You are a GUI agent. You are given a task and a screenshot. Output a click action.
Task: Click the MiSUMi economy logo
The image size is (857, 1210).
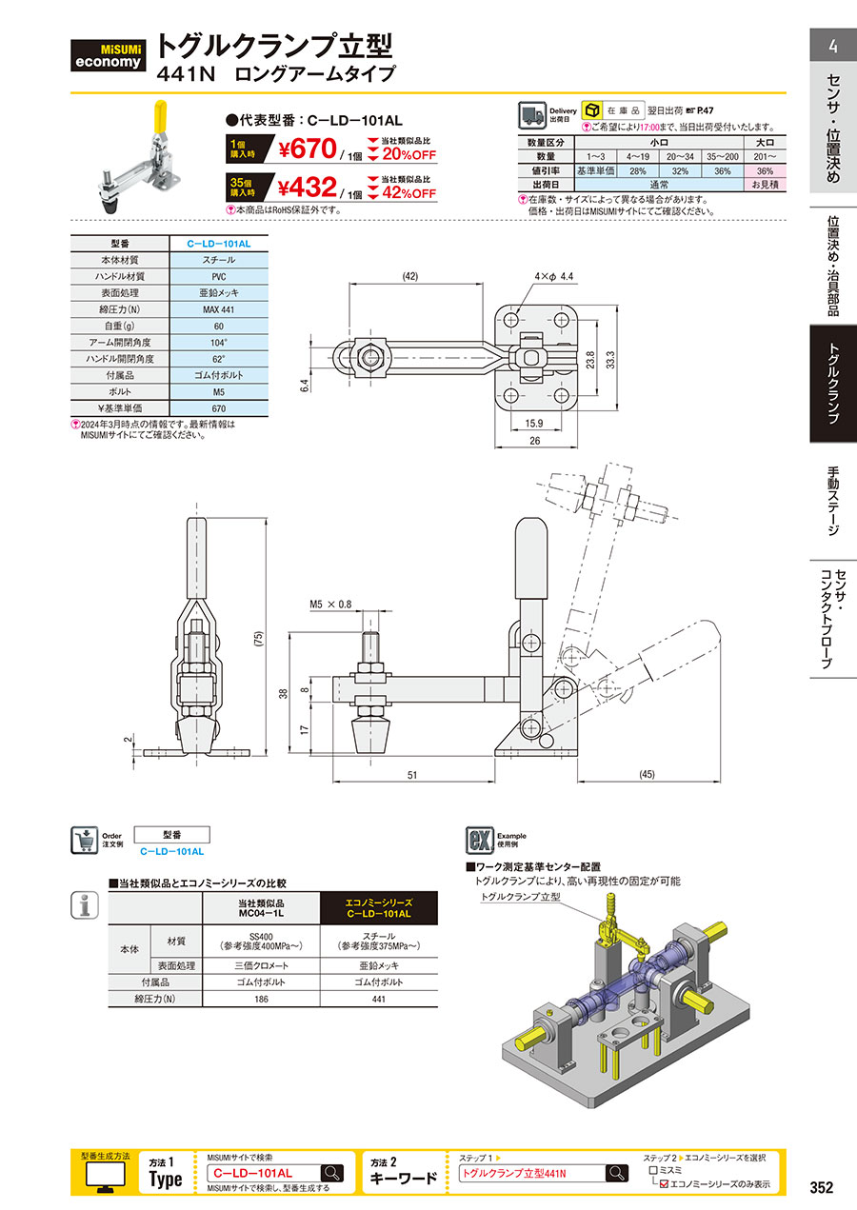coord(108,55)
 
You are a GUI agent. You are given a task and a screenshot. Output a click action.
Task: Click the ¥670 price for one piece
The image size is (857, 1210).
coord(308,149)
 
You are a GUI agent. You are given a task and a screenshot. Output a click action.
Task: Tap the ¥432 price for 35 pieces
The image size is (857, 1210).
coord(307,188)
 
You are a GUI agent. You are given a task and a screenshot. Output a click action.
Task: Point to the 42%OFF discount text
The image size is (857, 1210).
coord(409,193)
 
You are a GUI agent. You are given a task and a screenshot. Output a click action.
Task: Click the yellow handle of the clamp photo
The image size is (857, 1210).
coord(161,117)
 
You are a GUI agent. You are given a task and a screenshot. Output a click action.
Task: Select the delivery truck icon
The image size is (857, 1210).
coord(532,115)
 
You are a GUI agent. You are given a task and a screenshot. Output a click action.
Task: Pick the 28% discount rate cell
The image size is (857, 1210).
coord(638,171)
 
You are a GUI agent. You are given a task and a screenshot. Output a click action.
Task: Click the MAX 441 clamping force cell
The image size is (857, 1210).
coord(219,309)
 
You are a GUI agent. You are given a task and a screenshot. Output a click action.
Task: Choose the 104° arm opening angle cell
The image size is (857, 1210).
coord(219,343)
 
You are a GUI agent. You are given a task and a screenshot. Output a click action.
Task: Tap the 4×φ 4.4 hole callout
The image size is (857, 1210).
coord(554,277)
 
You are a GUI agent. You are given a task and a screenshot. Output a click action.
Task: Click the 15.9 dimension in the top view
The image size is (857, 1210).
coord(534,423)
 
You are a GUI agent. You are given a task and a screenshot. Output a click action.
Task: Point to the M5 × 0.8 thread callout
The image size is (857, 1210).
coord(330,604)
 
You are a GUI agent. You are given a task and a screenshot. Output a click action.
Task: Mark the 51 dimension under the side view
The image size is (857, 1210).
coord(412,775)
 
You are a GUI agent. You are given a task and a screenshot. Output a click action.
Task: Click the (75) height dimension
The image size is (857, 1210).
coord(259,639)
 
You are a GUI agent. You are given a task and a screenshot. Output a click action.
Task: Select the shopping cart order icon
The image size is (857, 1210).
coord(85,840)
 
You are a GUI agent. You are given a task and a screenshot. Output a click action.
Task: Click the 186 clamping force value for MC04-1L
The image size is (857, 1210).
coord(261,999)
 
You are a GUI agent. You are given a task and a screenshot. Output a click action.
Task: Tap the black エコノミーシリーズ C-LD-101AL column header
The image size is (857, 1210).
coord(379,908)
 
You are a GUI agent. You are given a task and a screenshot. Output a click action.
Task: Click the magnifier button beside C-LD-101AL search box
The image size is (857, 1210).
coord(332,1173)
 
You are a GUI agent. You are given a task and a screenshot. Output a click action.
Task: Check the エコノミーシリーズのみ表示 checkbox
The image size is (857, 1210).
coord(664,1183)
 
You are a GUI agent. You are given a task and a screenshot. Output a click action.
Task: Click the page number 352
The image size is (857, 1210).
coord(822,1187)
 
